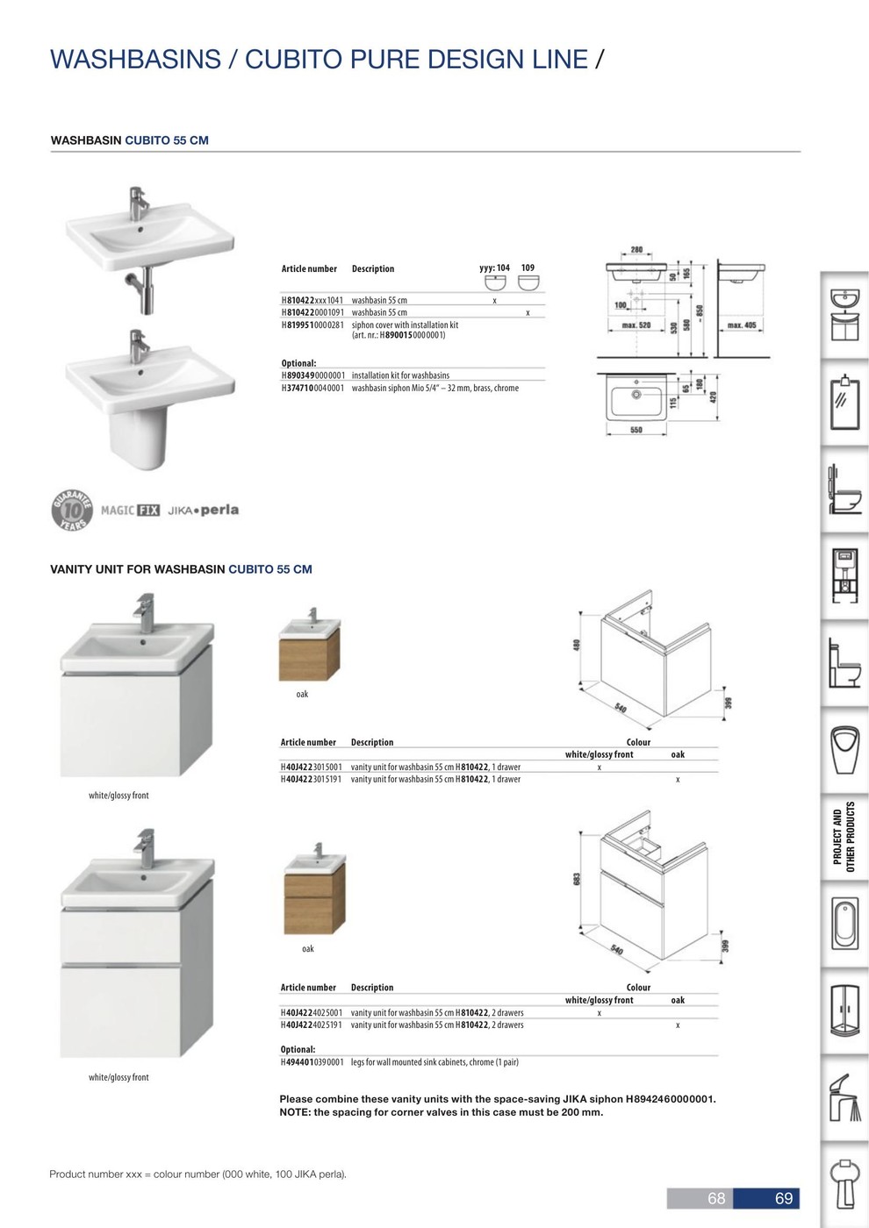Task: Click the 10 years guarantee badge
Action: tap(72, 510)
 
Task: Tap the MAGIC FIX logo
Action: tap(131, 510)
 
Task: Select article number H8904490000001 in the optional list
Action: tap(312, 375)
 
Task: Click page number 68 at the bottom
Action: tap(716, 1198)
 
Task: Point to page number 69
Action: tap(783, 1198)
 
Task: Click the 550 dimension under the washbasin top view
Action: tap(636, 430)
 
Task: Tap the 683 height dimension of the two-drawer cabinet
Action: tap(577, 879)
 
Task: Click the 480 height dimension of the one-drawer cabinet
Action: tap(577, 645)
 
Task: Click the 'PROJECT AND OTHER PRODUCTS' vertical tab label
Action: tap(844, 837)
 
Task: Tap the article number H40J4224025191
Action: tap(312, 1025)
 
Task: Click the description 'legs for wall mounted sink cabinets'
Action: tap(434, 1062)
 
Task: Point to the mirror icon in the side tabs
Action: tap(845, 403)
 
